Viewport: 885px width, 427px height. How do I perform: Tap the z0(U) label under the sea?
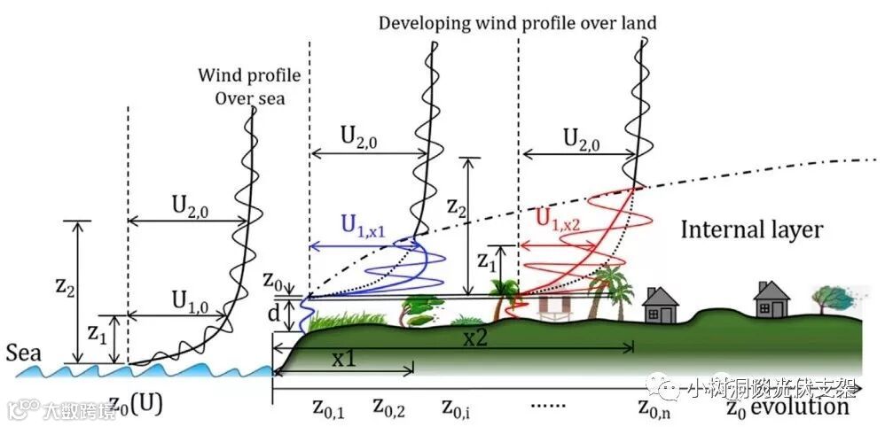(x=135, y=408)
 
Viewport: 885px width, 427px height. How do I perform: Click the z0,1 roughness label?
(x=328, y=408)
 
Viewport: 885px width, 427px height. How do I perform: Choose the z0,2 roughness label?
(x=389, y=408)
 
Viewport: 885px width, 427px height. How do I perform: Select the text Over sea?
(x=250, y=97)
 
